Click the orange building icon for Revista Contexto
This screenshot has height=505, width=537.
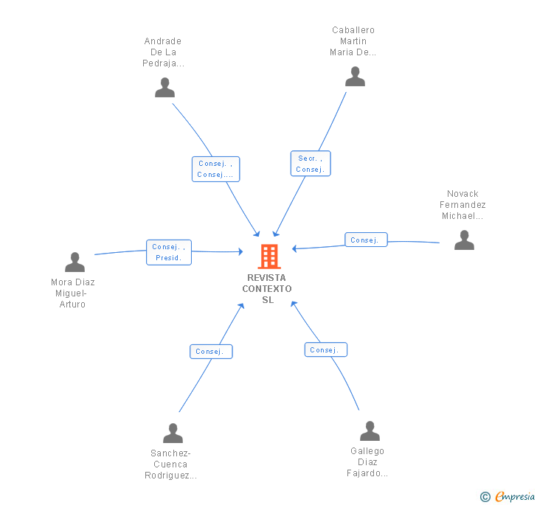[268, 257]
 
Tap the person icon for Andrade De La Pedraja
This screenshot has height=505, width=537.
[164, 88]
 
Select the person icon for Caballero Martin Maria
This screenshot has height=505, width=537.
[355, 77]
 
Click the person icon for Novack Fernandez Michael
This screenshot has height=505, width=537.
[464, 240]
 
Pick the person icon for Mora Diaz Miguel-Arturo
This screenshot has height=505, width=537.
[75, 262]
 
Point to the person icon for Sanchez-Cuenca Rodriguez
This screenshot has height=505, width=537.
[173, 433]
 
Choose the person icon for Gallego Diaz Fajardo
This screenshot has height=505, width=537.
[370, 431]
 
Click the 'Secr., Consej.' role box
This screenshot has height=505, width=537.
[311, 164]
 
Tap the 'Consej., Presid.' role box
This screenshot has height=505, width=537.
[169, 252]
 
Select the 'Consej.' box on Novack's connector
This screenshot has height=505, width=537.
[365, 240]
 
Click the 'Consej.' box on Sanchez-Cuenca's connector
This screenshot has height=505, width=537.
[210, 352]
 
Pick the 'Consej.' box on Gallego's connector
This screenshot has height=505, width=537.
[325, 349]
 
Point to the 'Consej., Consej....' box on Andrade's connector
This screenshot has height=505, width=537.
[215, 169]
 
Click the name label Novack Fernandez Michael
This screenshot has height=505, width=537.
[462, 205]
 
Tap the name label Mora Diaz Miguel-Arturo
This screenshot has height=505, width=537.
[72, 293]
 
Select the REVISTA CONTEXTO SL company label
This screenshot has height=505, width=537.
[267, 288]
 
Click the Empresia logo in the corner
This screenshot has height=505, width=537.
[507, 496]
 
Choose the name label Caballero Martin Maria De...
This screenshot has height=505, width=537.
[353, 41]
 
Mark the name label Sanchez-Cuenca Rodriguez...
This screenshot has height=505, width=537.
[171, 464]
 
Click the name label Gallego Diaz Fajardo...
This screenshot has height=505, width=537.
[367, 462]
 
